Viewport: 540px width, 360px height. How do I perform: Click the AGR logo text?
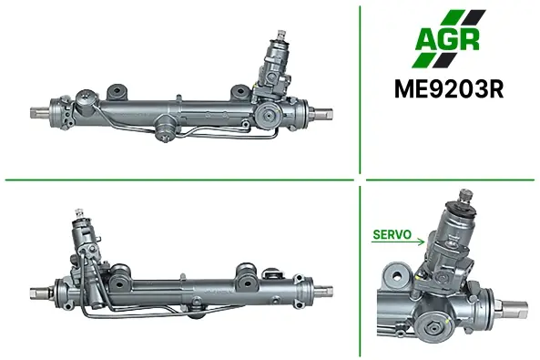tap(447, 38)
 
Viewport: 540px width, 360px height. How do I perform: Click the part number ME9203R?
tap(449, 89)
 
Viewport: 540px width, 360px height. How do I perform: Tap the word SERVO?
tap(392, 234)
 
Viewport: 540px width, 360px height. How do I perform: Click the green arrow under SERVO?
tap(398, 242)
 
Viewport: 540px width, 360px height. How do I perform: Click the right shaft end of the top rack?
tap(324, 113)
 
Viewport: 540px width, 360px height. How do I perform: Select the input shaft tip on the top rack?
tap(281, 34)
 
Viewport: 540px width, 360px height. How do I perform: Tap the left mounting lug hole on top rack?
tap(117, 91)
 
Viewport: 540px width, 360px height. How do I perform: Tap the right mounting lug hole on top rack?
tap(240, 92)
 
